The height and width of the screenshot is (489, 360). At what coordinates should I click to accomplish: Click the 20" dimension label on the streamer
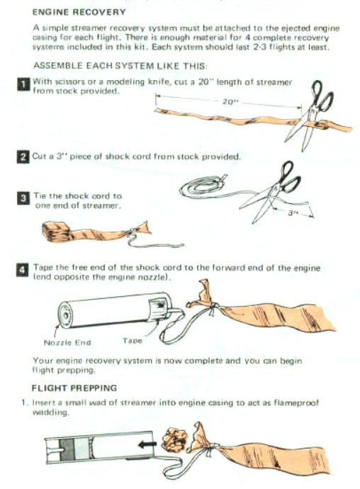tap(229, 101)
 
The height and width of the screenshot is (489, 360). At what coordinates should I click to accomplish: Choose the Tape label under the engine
tap(133, 340)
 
